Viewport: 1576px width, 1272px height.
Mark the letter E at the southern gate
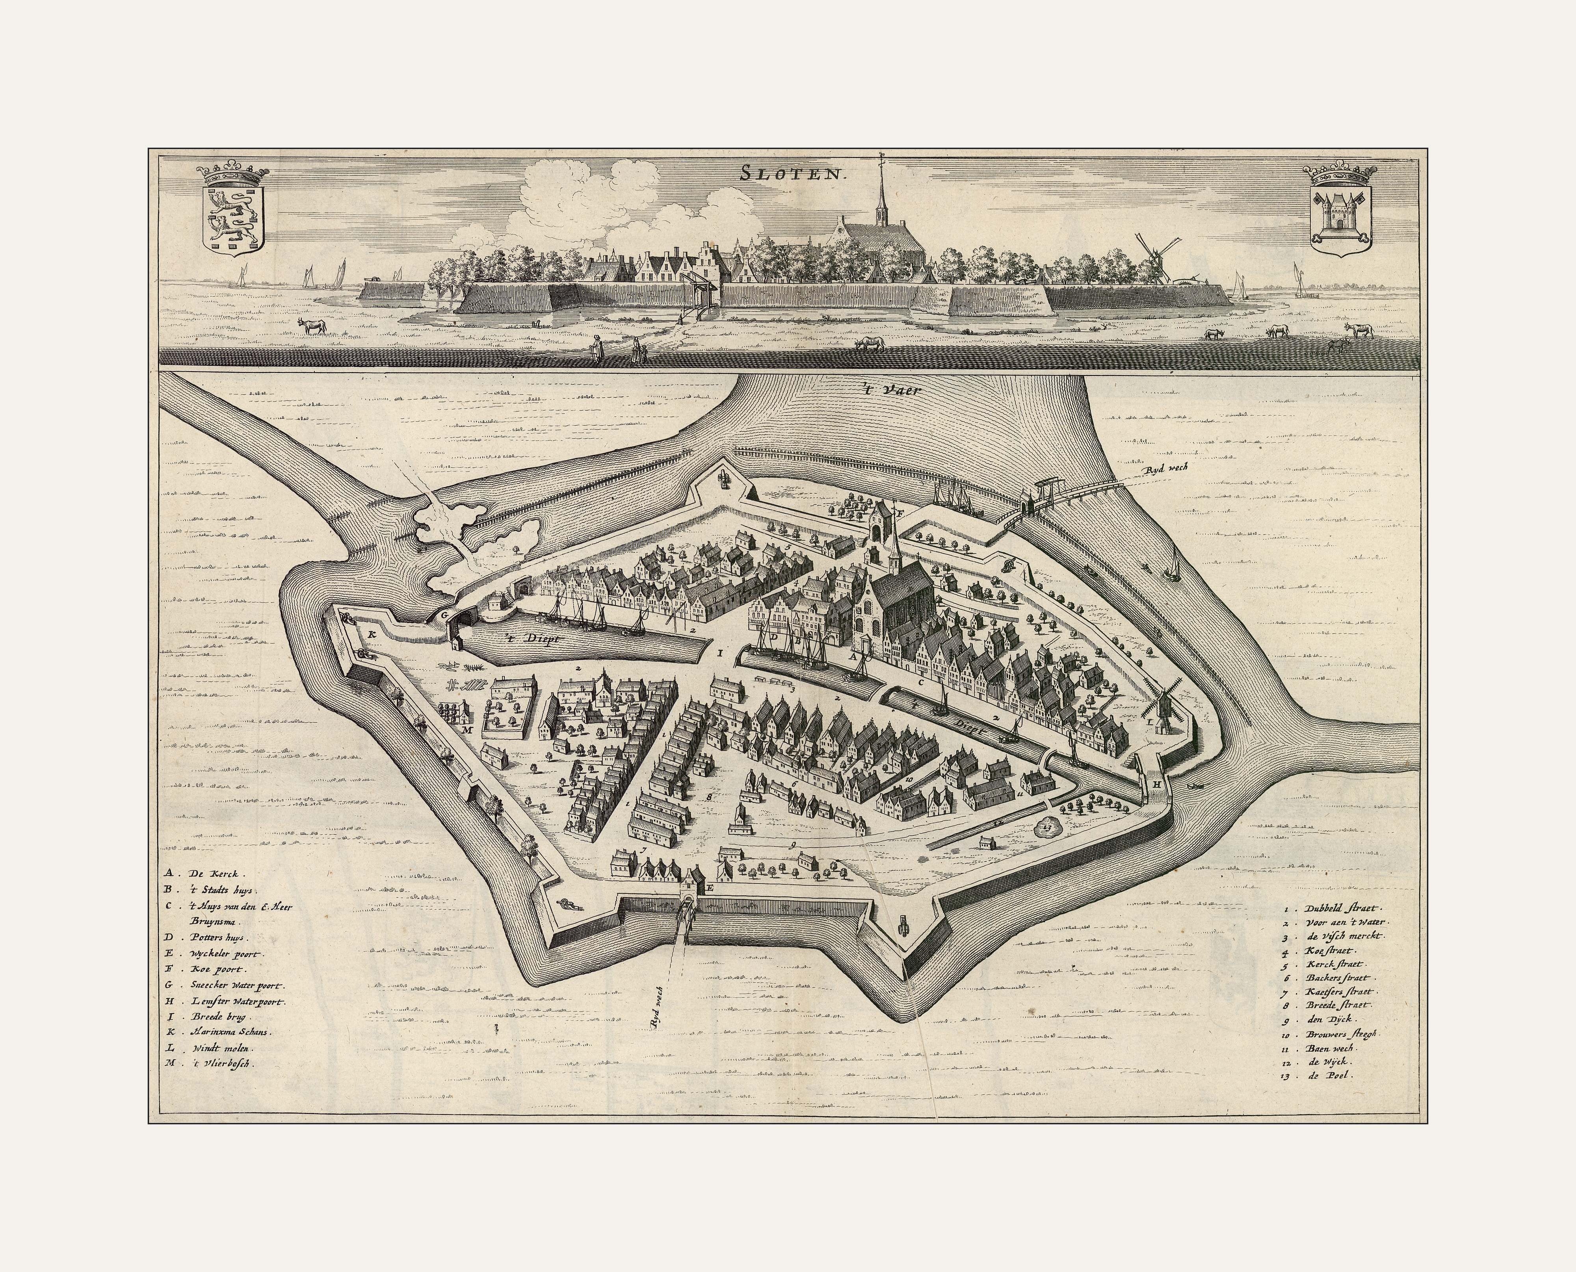pos(709,888)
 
